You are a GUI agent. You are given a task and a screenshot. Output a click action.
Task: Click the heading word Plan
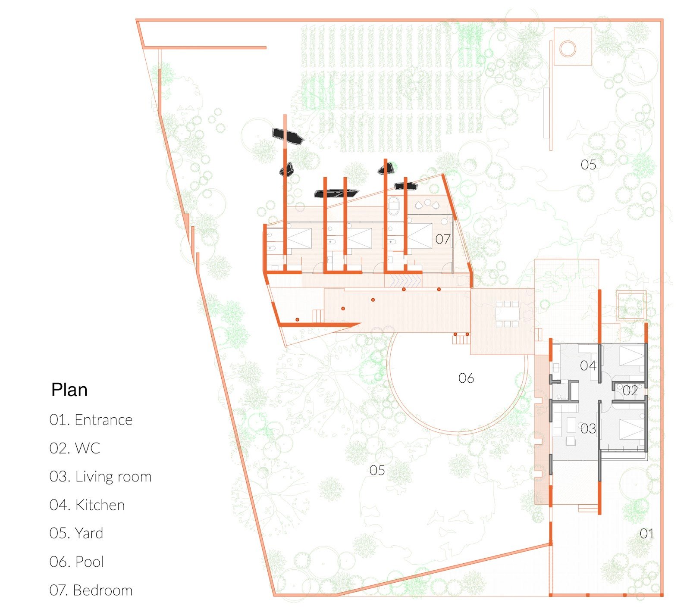(69, 390)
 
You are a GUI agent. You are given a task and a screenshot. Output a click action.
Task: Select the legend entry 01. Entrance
(91, 420)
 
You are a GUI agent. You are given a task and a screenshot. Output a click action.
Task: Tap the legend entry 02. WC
(75, 448)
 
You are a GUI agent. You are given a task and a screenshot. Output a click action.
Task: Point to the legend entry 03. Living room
(100, 477)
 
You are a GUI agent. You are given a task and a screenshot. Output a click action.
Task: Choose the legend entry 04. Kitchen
(87, 505)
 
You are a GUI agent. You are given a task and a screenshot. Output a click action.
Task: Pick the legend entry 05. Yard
(76, 533)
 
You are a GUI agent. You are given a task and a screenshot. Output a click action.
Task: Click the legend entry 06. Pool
(77, 562)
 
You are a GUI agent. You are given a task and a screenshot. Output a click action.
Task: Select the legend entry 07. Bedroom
(91, 590)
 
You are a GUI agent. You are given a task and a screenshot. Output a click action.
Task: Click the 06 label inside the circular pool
(466, 378)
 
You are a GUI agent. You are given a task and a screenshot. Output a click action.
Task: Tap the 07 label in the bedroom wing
(443, 239)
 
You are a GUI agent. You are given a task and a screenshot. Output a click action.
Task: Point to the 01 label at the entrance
(647, 534)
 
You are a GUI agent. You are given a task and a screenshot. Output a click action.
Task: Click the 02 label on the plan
(630, 391)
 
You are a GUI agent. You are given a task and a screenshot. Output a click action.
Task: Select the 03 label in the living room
(588, 429)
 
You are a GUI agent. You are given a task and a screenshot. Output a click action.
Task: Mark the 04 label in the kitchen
(588, 366)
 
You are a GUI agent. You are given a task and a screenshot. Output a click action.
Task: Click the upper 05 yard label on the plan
(588, 165)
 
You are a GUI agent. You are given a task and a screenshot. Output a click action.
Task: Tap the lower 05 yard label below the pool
(377, 470)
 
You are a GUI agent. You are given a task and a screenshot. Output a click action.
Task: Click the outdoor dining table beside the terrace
(507, 314)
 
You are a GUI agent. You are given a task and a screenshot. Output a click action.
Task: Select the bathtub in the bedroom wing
(394, 206)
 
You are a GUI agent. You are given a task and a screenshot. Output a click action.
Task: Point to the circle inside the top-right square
(568, 49)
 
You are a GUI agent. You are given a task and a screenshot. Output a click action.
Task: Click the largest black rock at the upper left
(288, 136)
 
